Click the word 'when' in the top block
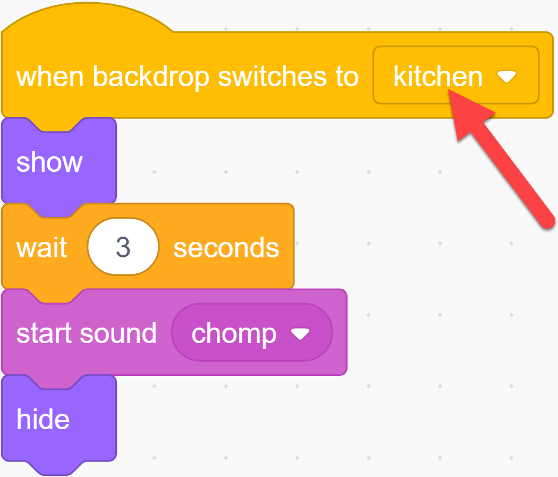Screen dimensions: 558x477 (x=50, y=77)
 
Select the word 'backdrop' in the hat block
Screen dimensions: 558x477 (x=151, y=77)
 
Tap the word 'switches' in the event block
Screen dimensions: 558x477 (x=272, y=77)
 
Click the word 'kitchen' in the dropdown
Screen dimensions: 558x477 (x=438, y=77)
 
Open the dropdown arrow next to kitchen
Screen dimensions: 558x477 (x=506, y=76)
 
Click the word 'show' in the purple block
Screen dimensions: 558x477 (x=49, y=162)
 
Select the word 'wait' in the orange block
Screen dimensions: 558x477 (x=41, y=247)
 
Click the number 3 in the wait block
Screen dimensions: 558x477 (x=123, y=247)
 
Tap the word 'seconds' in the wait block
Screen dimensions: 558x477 (x=226, y=248)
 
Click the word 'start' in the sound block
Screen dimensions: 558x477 (x=44, y=333)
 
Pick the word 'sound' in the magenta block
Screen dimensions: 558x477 (x=119, y=333)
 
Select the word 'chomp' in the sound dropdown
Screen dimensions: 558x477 (x=234, y=334)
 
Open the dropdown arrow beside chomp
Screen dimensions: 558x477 (x=300, y=333)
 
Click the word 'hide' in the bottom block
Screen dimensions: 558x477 (x=43, y=419)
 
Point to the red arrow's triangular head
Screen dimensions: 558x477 (x=466, y=114)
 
